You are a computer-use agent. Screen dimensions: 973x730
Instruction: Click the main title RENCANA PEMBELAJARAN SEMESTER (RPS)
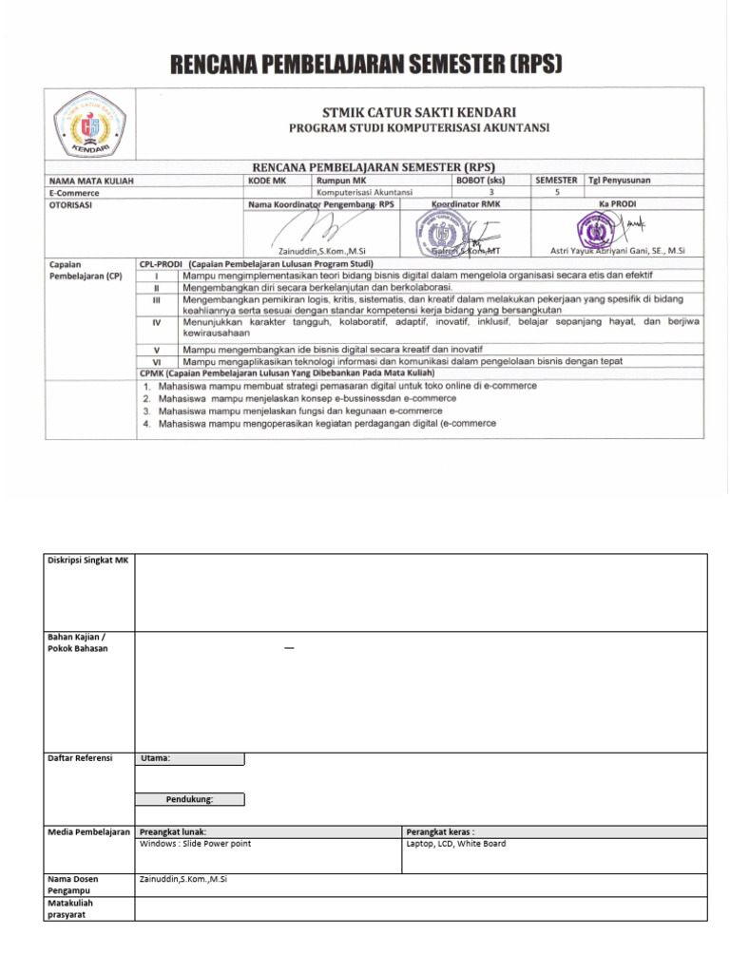pyautogui.click(x=366, y=65)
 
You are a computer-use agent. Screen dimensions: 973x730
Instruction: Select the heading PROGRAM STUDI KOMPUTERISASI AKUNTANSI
pyautogui.click(x=419, y=128)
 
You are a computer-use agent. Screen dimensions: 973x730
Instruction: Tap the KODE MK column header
pyautogui.click(x=266, y=180)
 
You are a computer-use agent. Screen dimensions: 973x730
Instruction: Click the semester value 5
pyautogui.click(x=556, y=191)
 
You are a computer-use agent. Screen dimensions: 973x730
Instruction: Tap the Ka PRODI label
pyautogui.click(x=617, y=203)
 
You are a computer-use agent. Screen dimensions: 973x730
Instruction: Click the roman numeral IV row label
pyautogui.click(x=154, y=323)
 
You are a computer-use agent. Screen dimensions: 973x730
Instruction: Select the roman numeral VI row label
pyautogui.click(x=154, y=361)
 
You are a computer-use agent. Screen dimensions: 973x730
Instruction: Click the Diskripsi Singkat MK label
pyautogui.click(x=87, y=561)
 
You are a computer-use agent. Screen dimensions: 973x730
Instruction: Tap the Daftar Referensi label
pyautogui.click(x=80, y=757)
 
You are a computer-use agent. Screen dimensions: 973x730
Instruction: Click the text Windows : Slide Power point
pyautogui.click(x=195, y=843)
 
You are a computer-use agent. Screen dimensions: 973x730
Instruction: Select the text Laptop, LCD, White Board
pyautogui.click(x=455, y=843)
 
